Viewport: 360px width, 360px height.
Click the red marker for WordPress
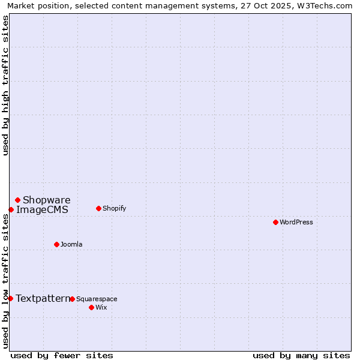(x=275, y=222)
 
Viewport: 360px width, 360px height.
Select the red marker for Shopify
(x=98, y=208)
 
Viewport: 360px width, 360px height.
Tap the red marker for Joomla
(x=56, y=244)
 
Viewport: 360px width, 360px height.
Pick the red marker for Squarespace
(x=72, y=299)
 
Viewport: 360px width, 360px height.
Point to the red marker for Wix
(x=91, y=307)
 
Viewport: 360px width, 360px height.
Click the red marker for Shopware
(x=17, y=200)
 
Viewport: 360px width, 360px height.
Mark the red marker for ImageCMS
(x=11, y=209)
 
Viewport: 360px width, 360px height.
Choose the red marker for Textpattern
(x=10, y=298)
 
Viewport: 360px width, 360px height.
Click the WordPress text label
(x=296, y=223)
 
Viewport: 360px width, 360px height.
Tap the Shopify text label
(x=114, y=209)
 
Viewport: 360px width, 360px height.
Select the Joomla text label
(x=71, y=245)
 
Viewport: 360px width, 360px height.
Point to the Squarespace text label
(x=97, y=299)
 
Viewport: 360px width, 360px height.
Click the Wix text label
(x=101, y=308)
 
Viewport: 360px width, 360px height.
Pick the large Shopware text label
(x=47, y=200)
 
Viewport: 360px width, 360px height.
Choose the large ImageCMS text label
(x=42, y=210)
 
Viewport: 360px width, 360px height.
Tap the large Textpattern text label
(x=43, y=299)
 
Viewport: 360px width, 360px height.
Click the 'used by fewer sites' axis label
(x=62, y=355)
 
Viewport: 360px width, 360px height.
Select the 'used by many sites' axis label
(x=301, y=355)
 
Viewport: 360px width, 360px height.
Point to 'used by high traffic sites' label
(x=6, y=85)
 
